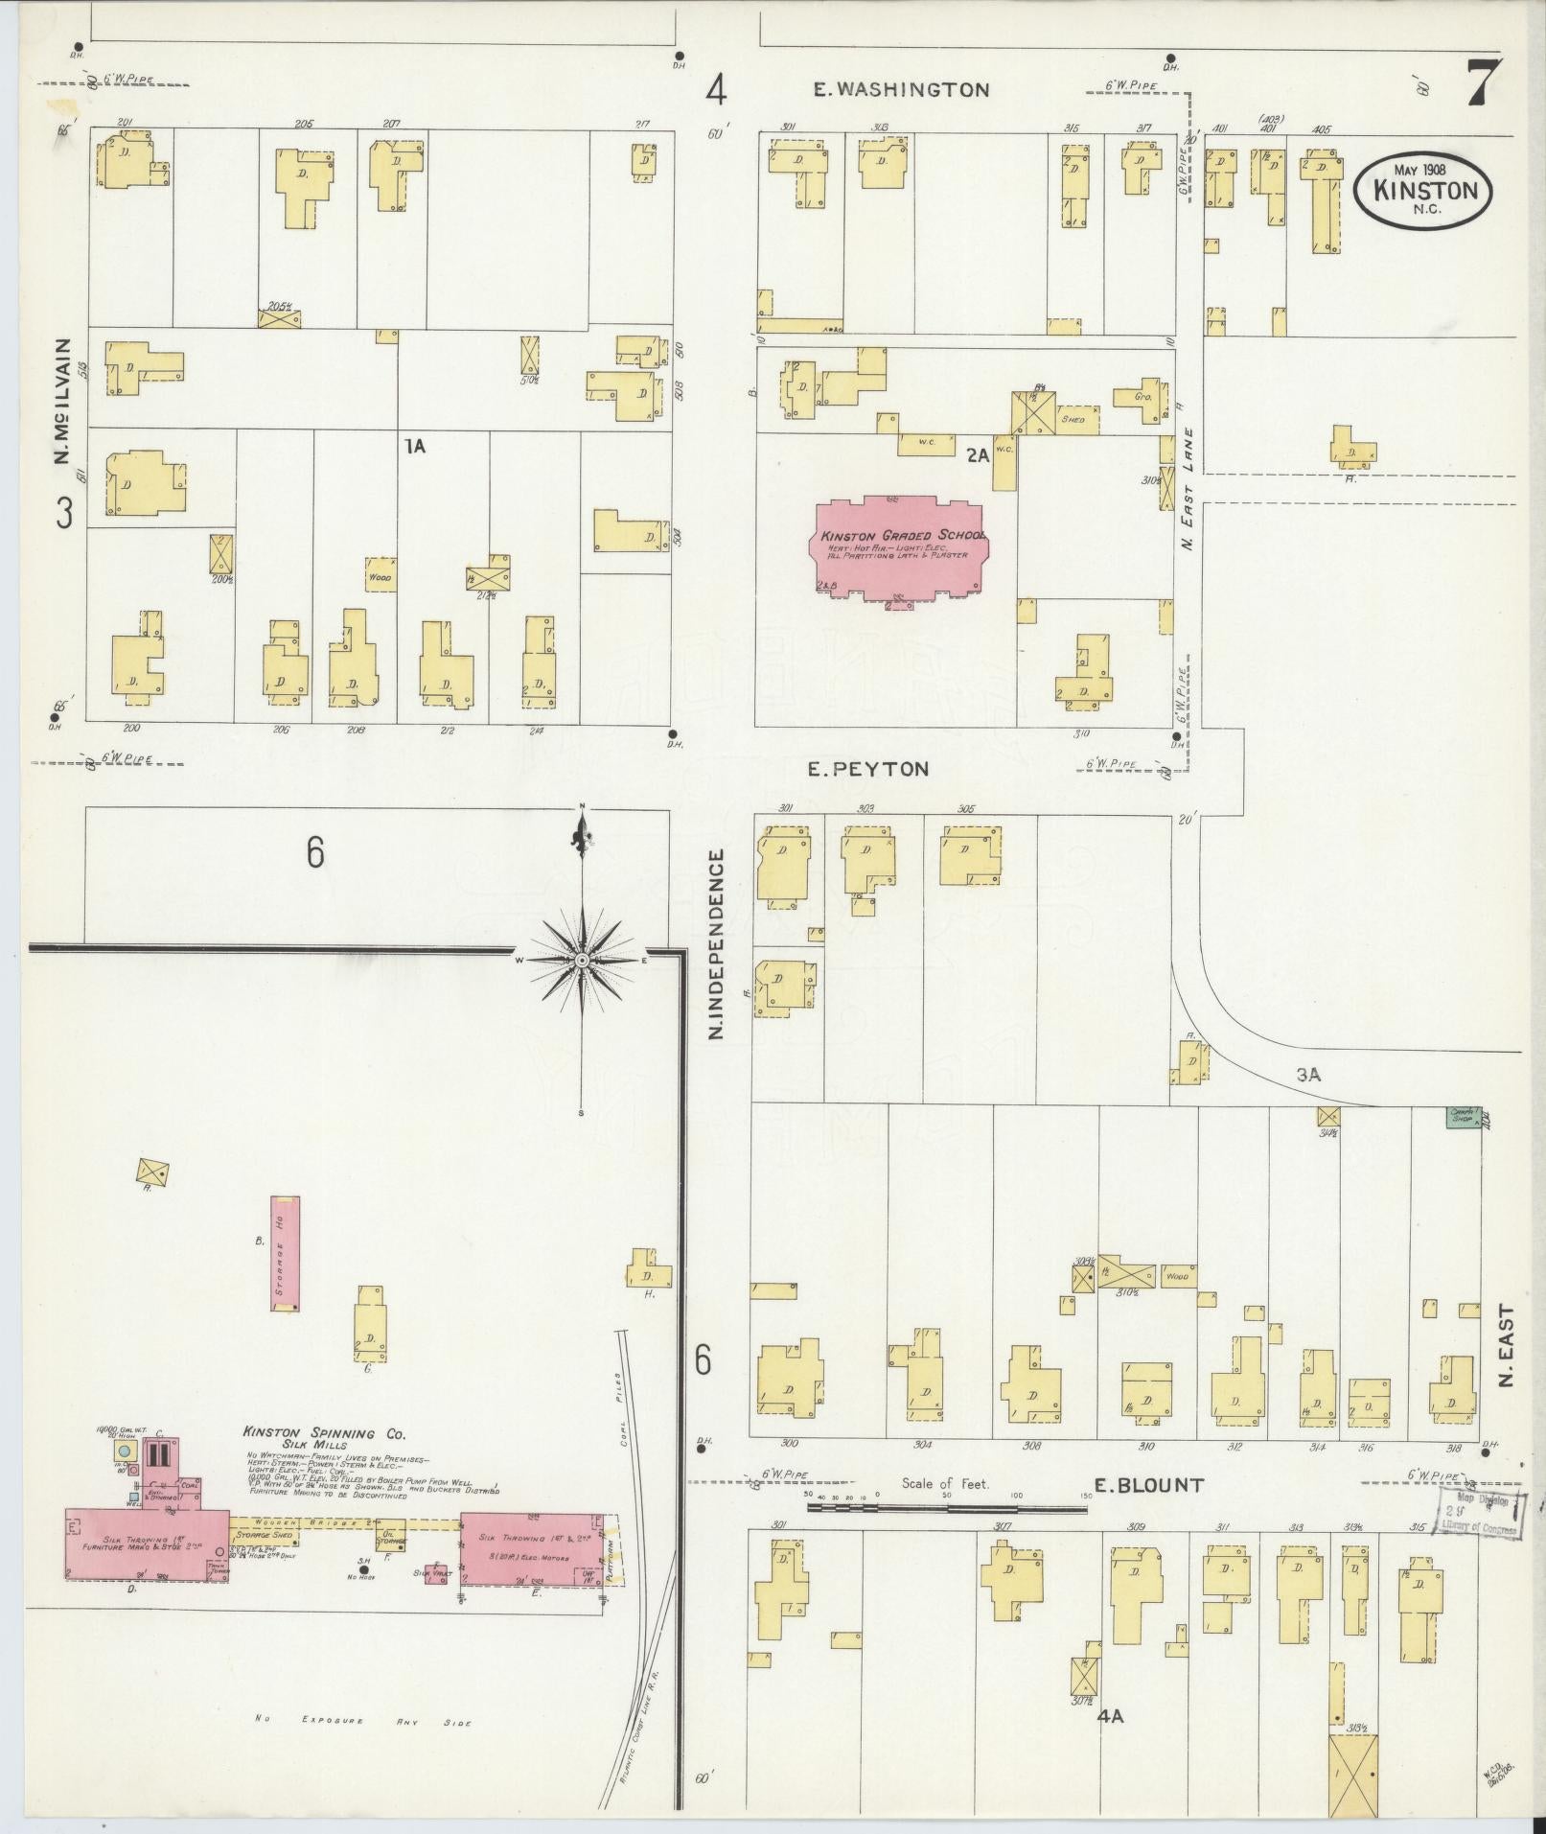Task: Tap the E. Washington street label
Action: [x=900, y=90]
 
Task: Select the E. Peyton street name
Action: [x=867, y=769]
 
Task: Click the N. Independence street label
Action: [x=714, y=944]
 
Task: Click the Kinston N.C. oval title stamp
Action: [x=1421, y=190]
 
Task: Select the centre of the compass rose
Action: [x=582, y=960]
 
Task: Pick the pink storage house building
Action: [x=284, y=1253]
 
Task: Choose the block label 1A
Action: [x=414, y=446]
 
